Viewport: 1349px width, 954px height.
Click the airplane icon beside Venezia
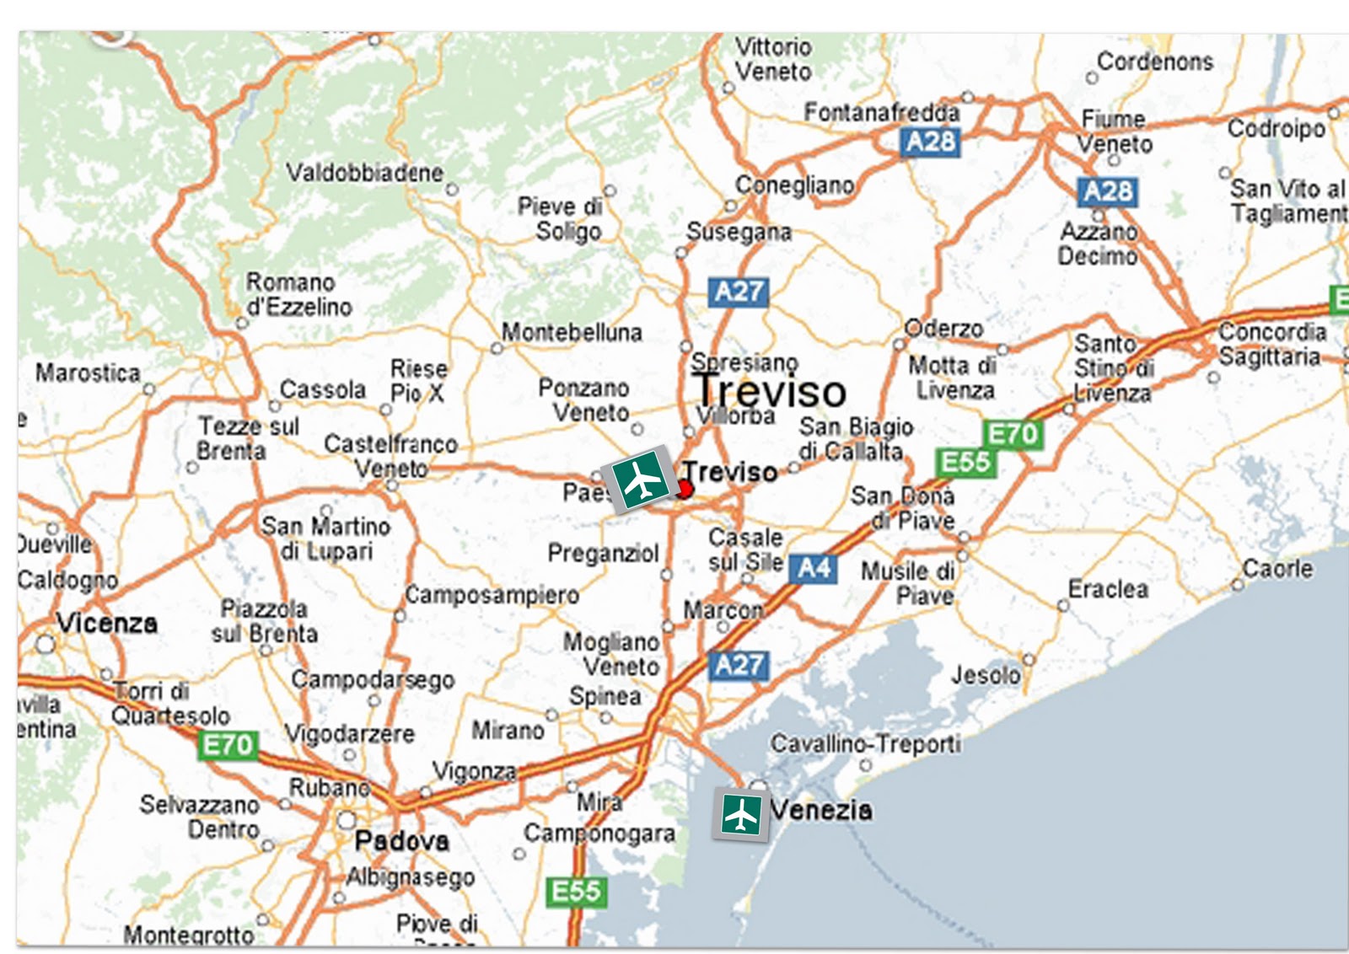[x=741, y=815]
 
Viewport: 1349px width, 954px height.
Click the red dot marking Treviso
[x=685, y=489]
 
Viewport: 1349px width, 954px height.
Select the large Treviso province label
[x=769, y=391]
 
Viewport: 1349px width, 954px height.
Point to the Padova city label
[x=402, y=840]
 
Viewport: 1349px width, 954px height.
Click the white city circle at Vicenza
[x=45, y=645]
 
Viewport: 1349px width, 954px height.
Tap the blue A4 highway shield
[x=814, y=569]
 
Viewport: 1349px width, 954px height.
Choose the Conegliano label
[x=794, y=185]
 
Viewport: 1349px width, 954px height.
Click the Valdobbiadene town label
[x=364, y=173]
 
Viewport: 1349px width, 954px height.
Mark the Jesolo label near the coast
[x=986, y=675]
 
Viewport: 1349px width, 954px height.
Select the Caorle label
[x=1277, y=569]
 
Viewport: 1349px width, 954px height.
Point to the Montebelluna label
[x=572, y=333]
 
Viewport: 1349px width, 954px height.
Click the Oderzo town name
[x=943, y=328]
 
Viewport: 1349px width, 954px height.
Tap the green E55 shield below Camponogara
[x=576, y=891]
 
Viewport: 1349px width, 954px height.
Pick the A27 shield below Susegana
[x=738, y=292]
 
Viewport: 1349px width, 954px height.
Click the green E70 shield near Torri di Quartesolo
[x=228, y=745]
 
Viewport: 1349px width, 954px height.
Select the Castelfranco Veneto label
[x=391, y=455]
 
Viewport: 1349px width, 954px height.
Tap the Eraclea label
[x=1108, y=588]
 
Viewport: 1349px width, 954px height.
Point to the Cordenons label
[x=1155, y=62]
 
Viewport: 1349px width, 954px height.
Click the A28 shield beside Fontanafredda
[x=930, y=141]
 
